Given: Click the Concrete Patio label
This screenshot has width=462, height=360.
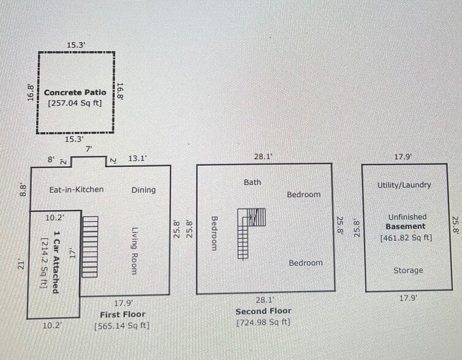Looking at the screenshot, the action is (x=75, y=92).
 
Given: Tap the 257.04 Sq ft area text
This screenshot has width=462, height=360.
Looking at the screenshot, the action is (x=75, y=103).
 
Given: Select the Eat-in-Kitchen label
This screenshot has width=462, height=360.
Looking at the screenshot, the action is (x=77, y=189).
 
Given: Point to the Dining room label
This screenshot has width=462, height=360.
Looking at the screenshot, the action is (x=143, y=190).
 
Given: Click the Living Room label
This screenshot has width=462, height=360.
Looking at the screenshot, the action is (x=134, y=251).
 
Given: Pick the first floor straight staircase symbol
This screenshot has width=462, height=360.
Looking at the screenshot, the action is (x=90, y=247).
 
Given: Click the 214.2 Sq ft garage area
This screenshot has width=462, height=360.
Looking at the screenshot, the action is (x=44, y=263).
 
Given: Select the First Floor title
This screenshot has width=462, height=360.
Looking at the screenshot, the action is (x=123, y=315).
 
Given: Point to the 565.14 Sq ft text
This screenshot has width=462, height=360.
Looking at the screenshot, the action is (x=122, y=326).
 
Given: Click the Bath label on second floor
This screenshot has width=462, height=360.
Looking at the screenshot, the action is (x=252, y=182).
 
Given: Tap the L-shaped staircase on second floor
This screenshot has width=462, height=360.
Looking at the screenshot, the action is (x=251, y=233).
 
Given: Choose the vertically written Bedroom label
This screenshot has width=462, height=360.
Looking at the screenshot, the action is (x=215, y=233).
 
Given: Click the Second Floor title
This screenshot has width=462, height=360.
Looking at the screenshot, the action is (x=263, y=311).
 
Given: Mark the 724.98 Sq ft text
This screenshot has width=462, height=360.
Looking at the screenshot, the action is (x=263, y=322).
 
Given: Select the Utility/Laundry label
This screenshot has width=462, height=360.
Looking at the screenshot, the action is (x=404, y=185).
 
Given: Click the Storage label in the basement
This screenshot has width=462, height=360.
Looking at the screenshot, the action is (x=408, y=270).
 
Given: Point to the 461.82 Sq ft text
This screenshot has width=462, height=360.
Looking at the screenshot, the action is (x=406, y=238).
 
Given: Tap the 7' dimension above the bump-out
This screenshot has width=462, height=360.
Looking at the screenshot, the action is (x=89, y=149).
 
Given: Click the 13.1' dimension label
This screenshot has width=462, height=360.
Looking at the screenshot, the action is (x=137, y=159).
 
